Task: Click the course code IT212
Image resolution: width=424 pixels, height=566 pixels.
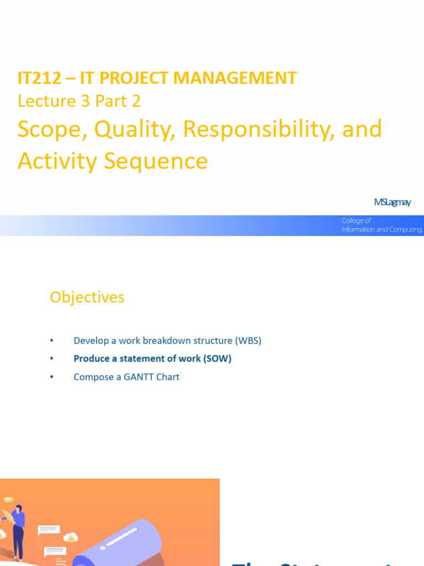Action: pyautogui.click(x=39, y=78)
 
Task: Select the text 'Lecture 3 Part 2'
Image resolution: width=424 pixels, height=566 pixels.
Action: pyautogui.click(x=79, y=101)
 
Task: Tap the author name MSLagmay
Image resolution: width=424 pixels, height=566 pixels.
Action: pyautogui.click(x=392, y=202)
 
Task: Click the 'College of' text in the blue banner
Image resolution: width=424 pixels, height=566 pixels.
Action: pyautogui.click(x=356, y=221)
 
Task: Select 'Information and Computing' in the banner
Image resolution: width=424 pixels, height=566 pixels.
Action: pyautogui.click(x=381, y=229)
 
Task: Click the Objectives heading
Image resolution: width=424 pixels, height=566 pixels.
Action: pyautogui.click(x=87, y=297)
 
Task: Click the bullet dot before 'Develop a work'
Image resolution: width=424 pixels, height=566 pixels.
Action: pyautogui.click(x=52, y=340)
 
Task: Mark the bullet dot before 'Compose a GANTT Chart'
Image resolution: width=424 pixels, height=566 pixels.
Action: pyautogui.click(x=52, y=377)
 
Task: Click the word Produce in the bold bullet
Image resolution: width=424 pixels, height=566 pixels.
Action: pyautogui.click(x=91, y=359)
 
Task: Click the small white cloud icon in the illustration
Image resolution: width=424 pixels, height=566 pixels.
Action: pyautogui.click(x=71, y=537)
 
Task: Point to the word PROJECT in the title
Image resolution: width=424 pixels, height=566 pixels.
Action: pyautogui.click(x=127, y=78)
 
